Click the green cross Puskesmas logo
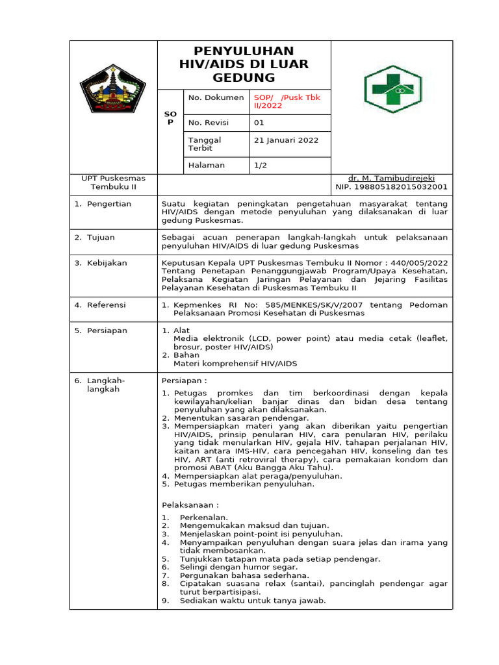tap(392, 89)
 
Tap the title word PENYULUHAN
tap(244, 51)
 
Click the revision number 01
tap(259, 122)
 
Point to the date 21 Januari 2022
tap(286, 140)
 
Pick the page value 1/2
tap(260, 166)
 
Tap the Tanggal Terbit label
tap(205, 144)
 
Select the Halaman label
tap(207, 166)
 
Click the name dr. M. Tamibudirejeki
tap(391, 178)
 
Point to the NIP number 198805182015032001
tap(391, 187)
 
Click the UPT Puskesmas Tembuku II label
tap(113, 182)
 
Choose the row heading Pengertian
tap(109, 204)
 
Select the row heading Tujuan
tap(101, 238)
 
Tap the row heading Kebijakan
tap(107, 263)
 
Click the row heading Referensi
tap(107, 305)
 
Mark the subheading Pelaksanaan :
tap(190, 505)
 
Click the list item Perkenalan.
tap(204, 517)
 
